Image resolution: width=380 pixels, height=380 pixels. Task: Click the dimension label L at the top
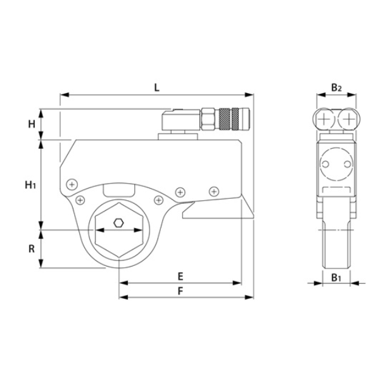156,87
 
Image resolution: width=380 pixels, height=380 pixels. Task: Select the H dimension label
30,124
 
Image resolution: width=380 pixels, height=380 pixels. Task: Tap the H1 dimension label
30,185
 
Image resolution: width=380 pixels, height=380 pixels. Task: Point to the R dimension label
30,249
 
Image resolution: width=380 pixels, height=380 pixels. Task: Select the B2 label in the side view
336,88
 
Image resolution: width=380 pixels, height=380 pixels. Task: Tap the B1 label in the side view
336,277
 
